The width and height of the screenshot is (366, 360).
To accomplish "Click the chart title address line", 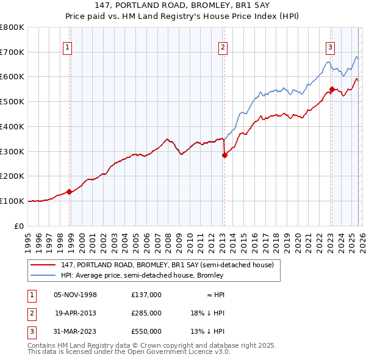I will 183,5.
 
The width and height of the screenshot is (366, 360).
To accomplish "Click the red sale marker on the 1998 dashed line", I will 70,192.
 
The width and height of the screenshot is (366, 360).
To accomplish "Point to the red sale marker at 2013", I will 224,155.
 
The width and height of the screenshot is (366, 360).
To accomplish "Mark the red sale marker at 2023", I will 332,89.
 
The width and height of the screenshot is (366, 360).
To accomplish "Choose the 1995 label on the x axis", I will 27,240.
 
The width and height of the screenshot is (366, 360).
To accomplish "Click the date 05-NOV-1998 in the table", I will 76,295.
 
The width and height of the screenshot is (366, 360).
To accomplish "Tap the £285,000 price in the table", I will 146,313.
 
